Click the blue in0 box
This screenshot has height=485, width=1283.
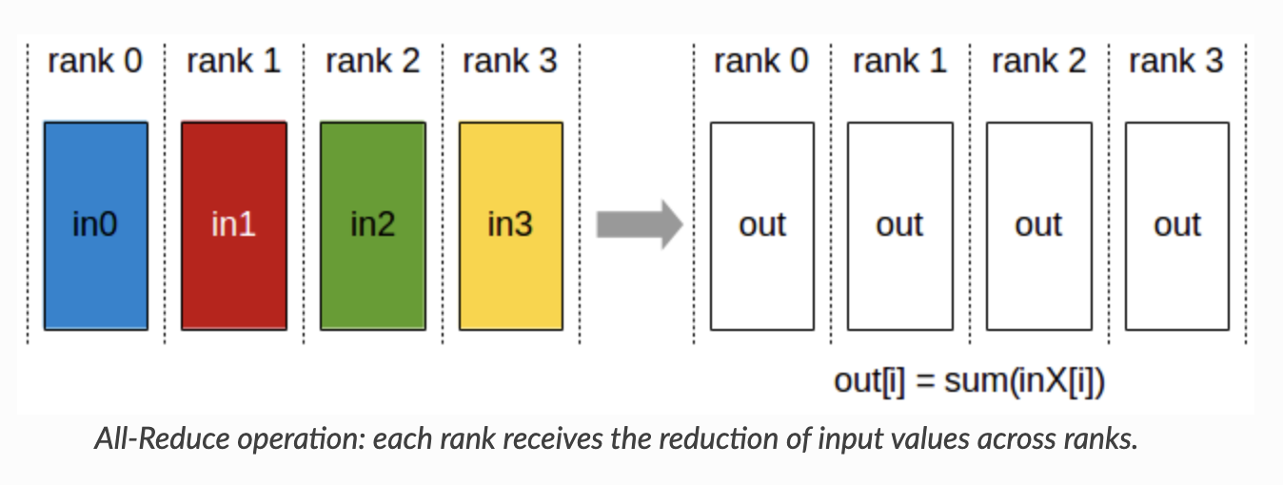[x=95, y=225]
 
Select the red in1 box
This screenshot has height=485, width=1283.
[x=233, y=225]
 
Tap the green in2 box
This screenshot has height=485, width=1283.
[x=372, y=225]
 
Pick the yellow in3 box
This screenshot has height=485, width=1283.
[x=510, y=225]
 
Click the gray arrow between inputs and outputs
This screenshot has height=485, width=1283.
[x=639, y=225]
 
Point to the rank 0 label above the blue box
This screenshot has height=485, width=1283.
[x=95, y=61]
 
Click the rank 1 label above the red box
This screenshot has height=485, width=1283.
[x=233, y=61]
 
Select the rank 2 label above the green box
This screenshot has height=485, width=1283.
[x=372, y=61]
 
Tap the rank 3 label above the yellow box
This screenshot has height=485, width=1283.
[x=510, y=61]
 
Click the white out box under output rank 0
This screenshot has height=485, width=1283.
[x=762, y=225]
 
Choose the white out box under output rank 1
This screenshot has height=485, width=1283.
[x=900, y=225]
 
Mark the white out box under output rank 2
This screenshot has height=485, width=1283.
[x=1038, y=225]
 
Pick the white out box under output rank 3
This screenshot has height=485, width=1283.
[x=1177, y=225]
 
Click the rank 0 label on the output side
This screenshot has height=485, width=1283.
[x=761, y=61]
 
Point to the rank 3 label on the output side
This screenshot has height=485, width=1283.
[x=1176, y=61]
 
